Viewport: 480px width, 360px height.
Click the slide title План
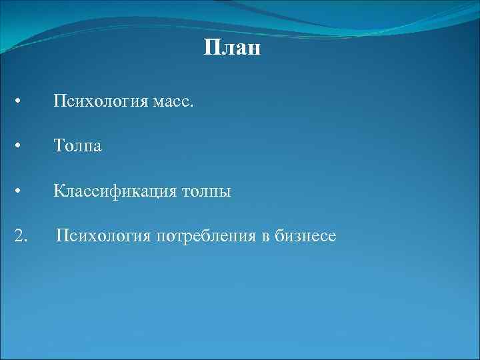click(231, 49)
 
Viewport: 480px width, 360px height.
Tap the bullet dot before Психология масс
click(20, 102)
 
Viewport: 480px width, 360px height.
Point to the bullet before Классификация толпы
click(20, 192)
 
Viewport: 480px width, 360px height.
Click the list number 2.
click(21, 235)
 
